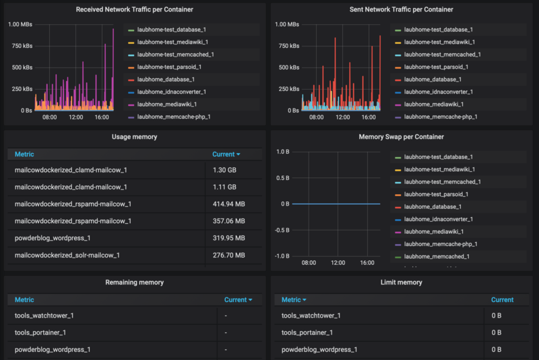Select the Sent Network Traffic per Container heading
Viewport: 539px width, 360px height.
pos(401,9)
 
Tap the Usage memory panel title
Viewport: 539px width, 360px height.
pos(134,137)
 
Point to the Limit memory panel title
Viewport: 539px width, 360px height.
pos(402,282)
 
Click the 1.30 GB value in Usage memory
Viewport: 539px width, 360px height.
pos(224,170)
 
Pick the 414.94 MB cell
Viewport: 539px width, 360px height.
pos(228,204)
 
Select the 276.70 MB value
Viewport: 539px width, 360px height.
pos(228,255)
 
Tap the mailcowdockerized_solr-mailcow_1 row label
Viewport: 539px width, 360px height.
pos(67,255)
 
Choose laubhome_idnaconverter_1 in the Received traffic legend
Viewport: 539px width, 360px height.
pos(172,92)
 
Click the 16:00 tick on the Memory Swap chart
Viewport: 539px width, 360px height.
pos(367,262)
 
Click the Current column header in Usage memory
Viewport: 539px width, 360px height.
pos(226,154)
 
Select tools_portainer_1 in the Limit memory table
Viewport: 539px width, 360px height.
pos(307,332)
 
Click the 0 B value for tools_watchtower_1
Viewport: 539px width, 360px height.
pos(497,316)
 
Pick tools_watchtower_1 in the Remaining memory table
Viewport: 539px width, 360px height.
pos(44,316)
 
